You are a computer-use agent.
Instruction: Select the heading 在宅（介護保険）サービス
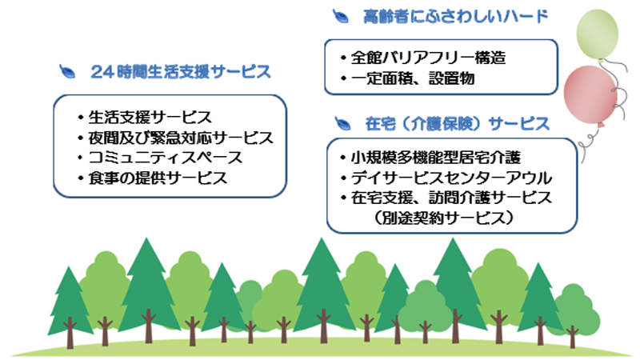pyautogui.click(x=457, y=124)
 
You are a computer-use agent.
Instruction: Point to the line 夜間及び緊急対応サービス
pyautogui.click(x=179, y=138)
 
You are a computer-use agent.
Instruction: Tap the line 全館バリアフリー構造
pyautogui.click(x=428, y=58)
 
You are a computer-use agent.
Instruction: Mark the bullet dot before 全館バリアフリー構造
pyautogui.click(x=342, y=58)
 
